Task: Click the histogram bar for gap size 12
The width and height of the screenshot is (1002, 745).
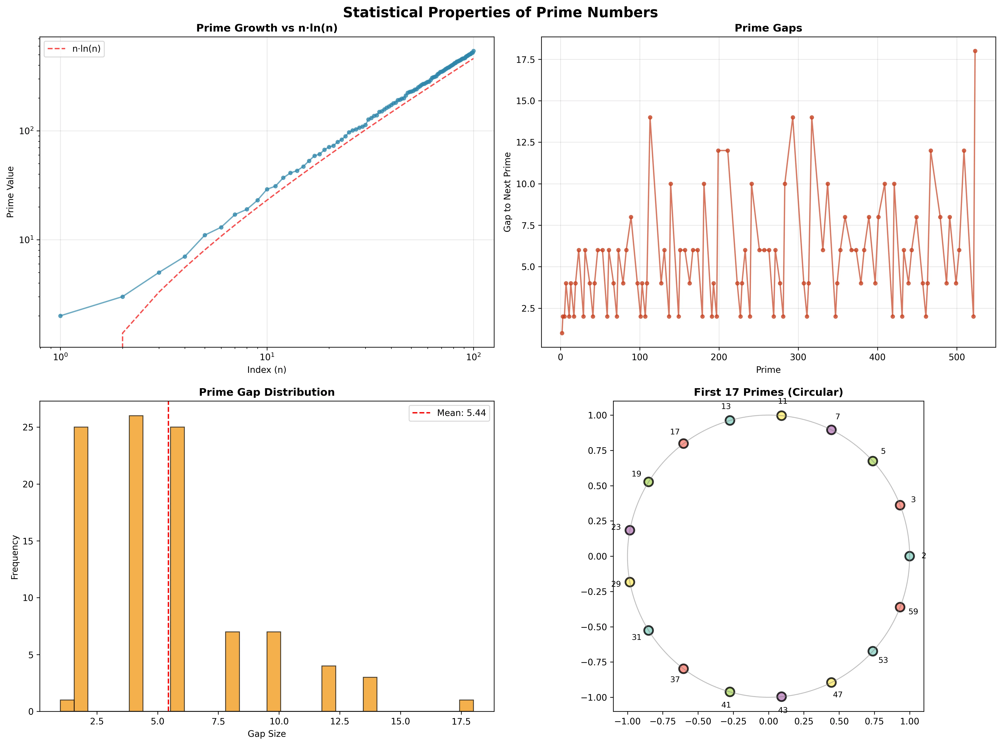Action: pyautogui.click(x=328, y=689)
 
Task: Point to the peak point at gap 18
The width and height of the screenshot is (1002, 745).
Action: pyautogui.click(x=975, y=51)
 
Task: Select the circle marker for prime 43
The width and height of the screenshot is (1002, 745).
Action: pyautogui.click(x=781, y=697)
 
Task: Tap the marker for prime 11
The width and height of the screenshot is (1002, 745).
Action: pyautogui.click(x=781, y=415)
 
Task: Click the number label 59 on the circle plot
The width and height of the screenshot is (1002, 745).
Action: pyautogui.click(x=913, y=612)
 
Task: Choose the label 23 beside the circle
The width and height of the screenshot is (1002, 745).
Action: pyautogui.click(x=616, y=527)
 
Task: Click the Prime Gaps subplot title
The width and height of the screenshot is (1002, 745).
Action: pyautogui.click(x=768, y=28)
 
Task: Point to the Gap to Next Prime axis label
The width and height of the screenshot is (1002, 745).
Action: pyautogui.click(x=508, y=192)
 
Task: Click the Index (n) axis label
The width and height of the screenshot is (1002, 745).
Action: pyautogui.click(x=267, y=370)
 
